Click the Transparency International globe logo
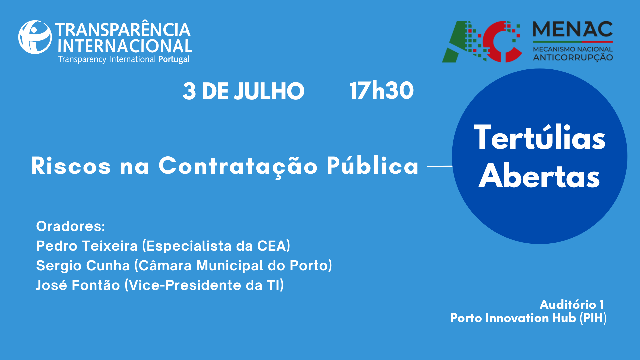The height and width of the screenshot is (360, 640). pyautogui.click(x=35, y=37)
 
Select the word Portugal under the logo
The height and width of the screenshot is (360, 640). pyautogui.click(x=174, y=59)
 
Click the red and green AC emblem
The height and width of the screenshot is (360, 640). pyautogui.click(x=482, y=42)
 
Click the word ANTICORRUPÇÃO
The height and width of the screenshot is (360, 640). pyautogui.click(x=573, y=58)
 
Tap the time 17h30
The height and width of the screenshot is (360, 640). pyautogui.click(x=382, y=90)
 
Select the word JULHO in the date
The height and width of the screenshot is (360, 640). pyautogui.click(x=269, y=91)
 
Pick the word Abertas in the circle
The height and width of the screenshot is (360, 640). pyautogui.click(x=539, y=176)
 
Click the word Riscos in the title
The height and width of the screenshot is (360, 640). pyautogui.click(x=71, y=166)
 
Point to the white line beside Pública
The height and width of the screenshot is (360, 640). pyautogui.click(x=440, y=166)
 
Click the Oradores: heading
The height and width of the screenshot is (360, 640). pyautogui.click(x=71, y=226)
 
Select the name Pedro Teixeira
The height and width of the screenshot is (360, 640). pyautogui.click(x=87, y=246)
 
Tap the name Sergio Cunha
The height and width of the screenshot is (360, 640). pyautogui.click(x=83, y=266)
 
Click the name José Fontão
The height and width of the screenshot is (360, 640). pyautogui.click(x=78, y=285)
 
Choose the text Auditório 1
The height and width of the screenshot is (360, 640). pyautogui.click(x=571, y=304)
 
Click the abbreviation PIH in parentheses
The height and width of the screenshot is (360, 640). pyautogui.click(x=593, y=318)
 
